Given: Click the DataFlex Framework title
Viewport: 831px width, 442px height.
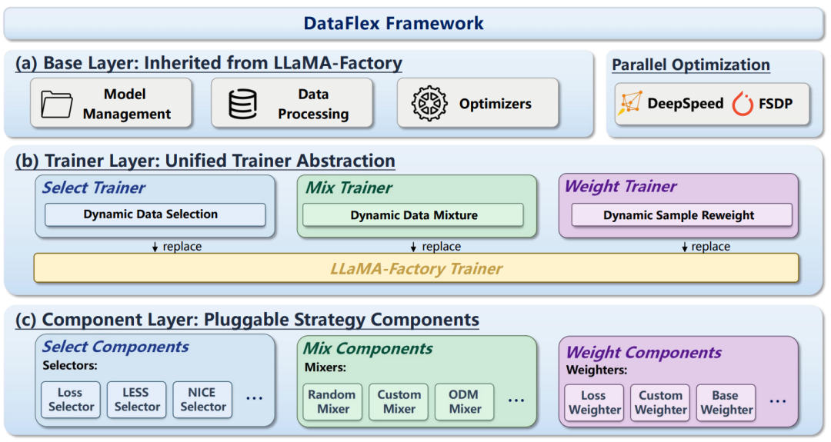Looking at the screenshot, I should [393, 23].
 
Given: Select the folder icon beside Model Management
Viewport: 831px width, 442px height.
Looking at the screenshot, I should [57, 104].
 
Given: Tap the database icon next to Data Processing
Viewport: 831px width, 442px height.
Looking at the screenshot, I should [243, 104].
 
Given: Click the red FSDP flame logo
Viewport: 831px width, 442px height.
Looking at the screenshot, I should [743, 104].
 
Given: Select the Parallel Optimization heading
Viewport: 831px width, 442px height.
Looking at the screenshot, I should [690, 65].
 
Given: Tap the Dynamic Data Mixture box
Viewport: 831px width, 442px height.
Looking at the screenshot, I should [413, 215].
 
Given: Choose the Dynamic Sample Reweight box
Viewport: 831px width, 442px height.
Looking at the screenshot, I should [679, 215].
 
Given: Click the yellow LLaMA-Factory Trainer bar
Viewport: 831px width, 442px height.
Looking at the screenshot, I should [416, 269].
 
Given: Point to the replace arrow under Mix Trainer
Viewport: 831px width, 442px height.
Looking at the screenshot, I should [414, 247].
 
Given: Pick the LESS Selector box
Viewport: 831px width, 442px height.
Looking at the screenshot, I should [136, 400].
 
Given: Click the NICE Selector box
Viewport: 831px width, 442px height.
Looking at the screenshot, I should [202, 400].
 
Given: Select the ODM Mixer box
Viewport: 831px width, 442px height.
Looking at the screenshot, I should [465, 401].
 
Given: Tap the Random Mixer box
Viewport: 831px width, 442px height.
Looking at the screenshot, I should [332, 401].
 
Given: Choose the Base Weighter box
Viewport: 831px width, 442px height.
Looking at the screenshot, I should [726, 403].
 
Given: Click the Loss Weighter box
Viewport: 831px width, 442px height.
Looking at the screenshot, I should [594, 403].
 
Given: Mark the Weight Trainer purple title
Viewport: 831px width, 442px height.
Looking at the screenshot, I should [620, 187].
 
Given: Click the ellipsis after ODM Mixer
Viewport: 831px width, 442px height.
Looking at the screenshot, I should [516, 400].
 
